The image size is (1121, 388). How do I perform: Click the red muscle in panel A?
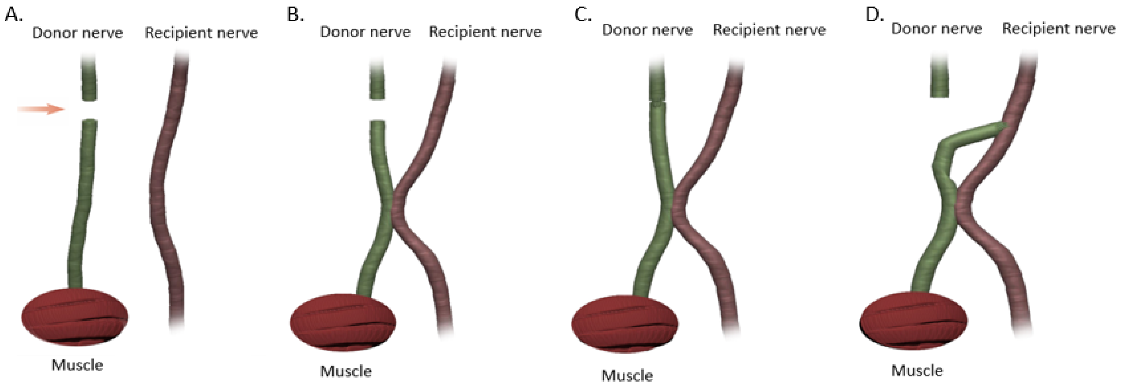(75, 317)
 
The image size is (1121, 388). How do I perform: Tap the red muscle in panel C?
(624, 324)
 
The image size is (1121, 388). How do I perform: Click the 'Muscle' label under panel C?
(627, 375)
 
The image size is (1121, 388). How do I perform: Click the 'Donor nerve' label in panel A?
(78, 33)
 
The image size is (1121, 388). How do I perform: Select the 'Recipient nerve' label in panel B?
(485, 32)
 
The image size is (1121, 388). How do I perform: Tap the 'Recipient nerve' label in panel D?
(1059, 29)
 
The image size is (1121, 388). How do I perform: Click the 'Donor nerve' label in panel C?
(647, 30)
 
